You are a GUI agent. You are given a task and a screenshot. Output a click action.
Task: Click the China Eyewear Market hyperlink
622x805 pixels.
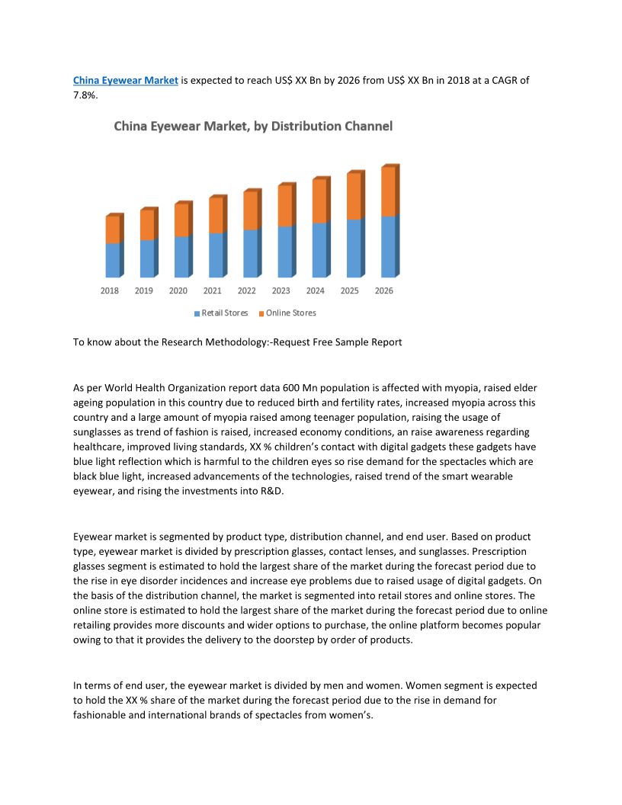coord(125,80)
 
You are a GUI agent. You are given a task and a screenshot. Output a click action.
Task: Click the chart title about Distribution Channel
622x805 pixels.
coord(253,127)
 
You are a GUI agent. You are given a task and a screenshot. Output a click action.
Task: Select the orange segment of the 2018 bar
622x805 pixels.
coord(112,229)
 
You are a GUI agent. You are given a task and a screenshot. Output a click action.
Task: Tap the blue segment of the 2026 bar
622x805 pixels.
coord(388,246)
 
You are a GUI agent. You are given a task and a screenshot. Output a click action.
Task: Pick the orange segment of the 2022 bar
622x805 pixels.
coord(250,210)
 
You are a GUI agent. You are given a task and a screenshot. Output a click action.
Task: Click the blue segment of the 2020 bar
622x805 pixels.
coord(181,256)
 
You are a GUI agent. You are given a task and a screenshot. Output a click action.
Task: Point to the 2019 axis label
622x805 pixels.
coord(144,290)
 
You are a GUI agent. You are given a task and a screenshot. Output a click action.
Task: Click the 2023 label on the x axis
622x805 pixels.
coord(281,290)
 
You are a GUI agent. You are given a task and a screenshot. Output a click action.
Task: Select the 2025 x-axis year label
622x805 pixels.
coord(350,290)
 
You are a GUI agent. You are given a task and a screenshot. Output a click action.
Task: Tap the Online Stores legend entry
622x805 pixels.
coord(290,313)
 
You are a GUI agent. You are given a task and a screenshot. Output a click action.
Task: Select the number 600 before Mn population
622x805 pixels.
coord(272,388)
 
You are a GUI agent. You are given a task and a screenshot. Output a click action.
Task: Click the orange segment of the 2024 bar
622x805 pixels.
coord(319,201)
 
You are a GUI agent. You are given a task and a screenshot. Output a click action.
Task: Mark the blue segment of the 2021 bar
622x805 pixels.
coord(216,255)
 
